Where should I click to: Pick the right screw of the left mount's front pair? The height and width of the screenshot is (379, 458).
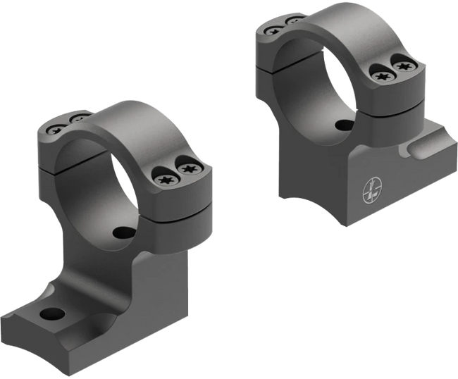click(189, 168)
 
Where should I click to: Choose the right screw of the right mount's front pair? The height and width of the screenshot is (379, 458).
click(403, 67)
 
